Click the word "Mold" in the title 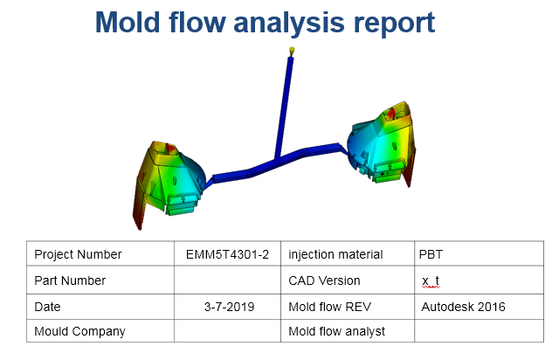[127, 22]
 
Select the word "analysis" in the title [289, 24]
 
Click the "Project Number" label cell [78, 254]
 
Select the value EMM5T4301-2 [227, 254]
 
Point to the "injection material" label [335, 254]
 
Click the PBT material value [431, 254]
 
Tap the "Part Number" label [70, 280]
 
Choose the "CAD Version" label [324, 280]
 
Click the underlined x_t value [431, 281]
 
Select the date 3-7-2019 [229, 307]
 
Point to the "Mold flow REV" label [330, 307]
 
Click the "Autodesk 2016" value [463, 307]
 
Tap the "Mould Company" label [79, 331]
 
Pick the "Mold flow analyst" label [336, 331]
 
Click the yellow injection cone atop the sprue [292, 52]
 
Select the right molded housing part [382, 143]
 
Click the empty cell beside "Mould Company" [227, 331]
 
